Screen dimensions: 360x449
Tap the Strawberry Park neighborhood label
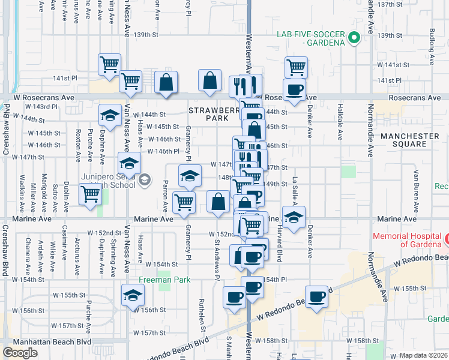(209, 115)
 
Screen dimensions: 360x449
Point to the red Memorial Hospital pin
(447, 241)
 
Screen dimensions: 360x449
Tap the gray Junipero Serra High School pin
(145, 179)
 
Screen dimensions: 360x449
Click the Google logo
(20, 352)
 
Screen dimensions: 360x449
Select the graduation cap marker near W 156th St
(133, 295)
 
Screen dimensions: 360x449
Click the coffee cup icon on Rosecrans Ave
(294, 90)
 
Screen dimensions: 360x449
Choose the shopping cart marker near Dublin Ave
(90, 194)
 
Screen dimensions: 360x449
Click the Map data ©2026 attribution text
(423, 355)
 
